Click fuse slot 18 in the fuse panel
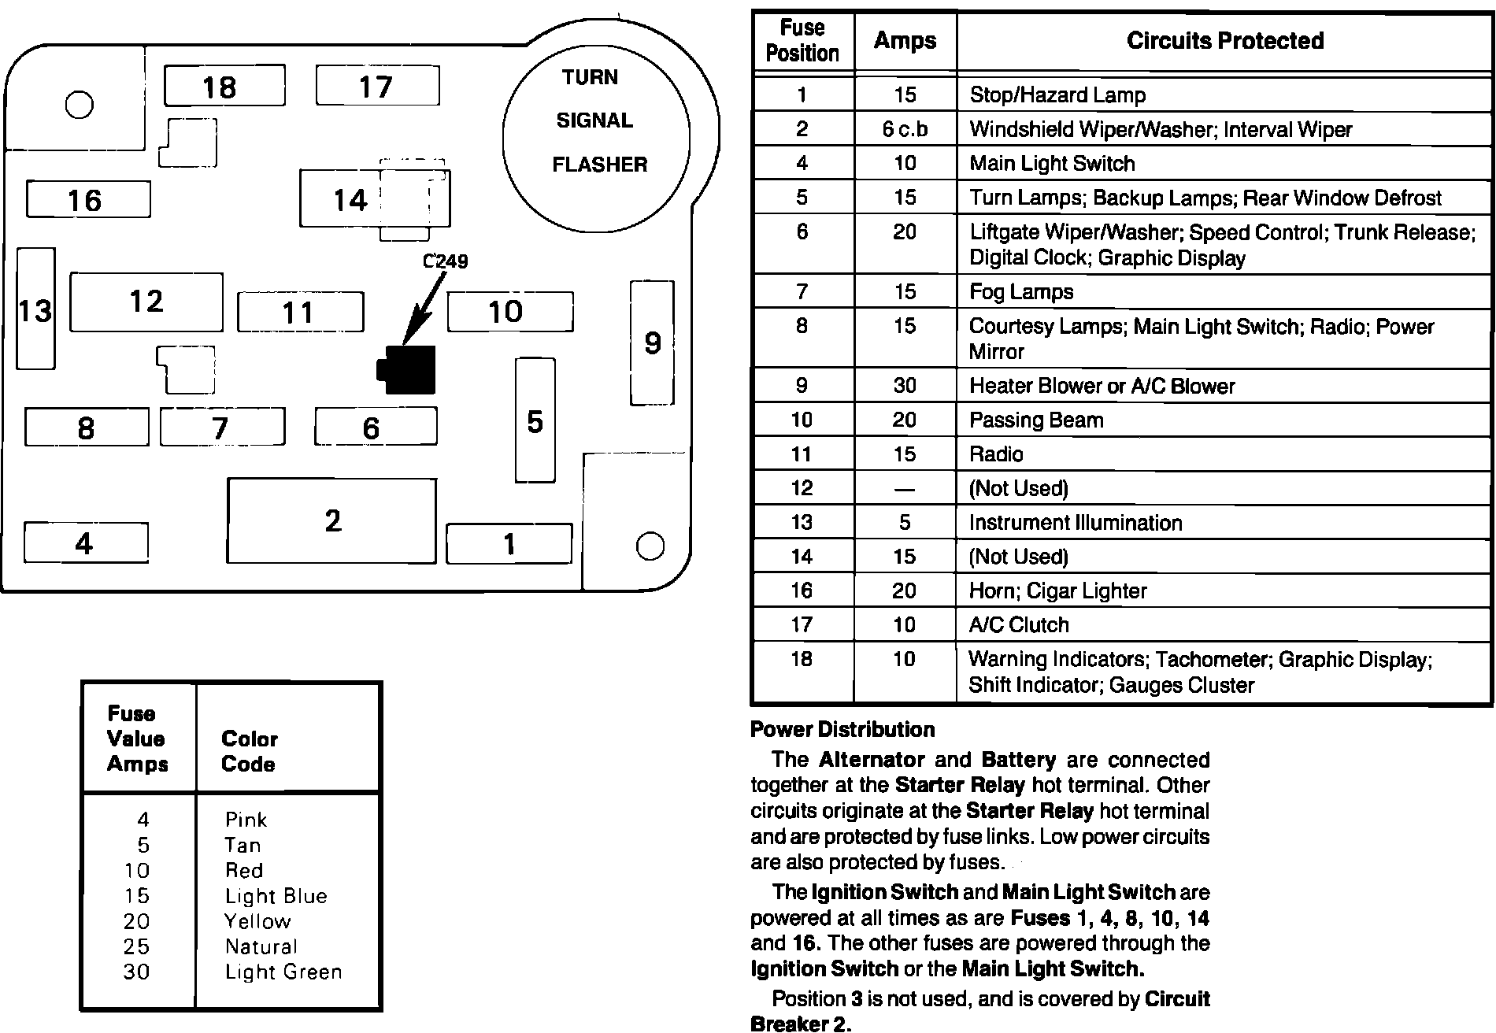[224, 86]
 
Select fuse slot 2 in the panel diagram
[331, 520]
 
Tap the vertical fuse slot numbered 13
[35, 309]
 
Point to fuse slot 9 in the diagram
[652, 342]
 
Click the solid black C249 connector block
[408, 369]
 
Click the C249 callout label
[446, 261]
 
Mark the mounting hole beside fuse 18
[79, 105]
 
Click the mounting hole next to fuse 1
[650, 546]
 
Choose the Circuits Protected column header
[1224, 41]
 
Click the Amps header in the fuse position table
[905, 41]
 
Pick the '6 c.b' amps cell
[905, 129]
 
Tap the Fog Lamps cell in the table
[1021, 292]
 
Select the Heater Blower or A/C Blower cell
[1102, 386]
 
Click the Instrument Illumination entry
[1075, 523]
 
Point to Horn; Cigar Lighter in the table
[1057, 591]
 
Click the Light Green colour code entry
[283, 972]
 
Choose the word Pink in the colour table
[246, 820]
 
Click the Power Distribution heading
[842, 729]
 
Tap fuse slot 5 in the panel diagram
[535, 421]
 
